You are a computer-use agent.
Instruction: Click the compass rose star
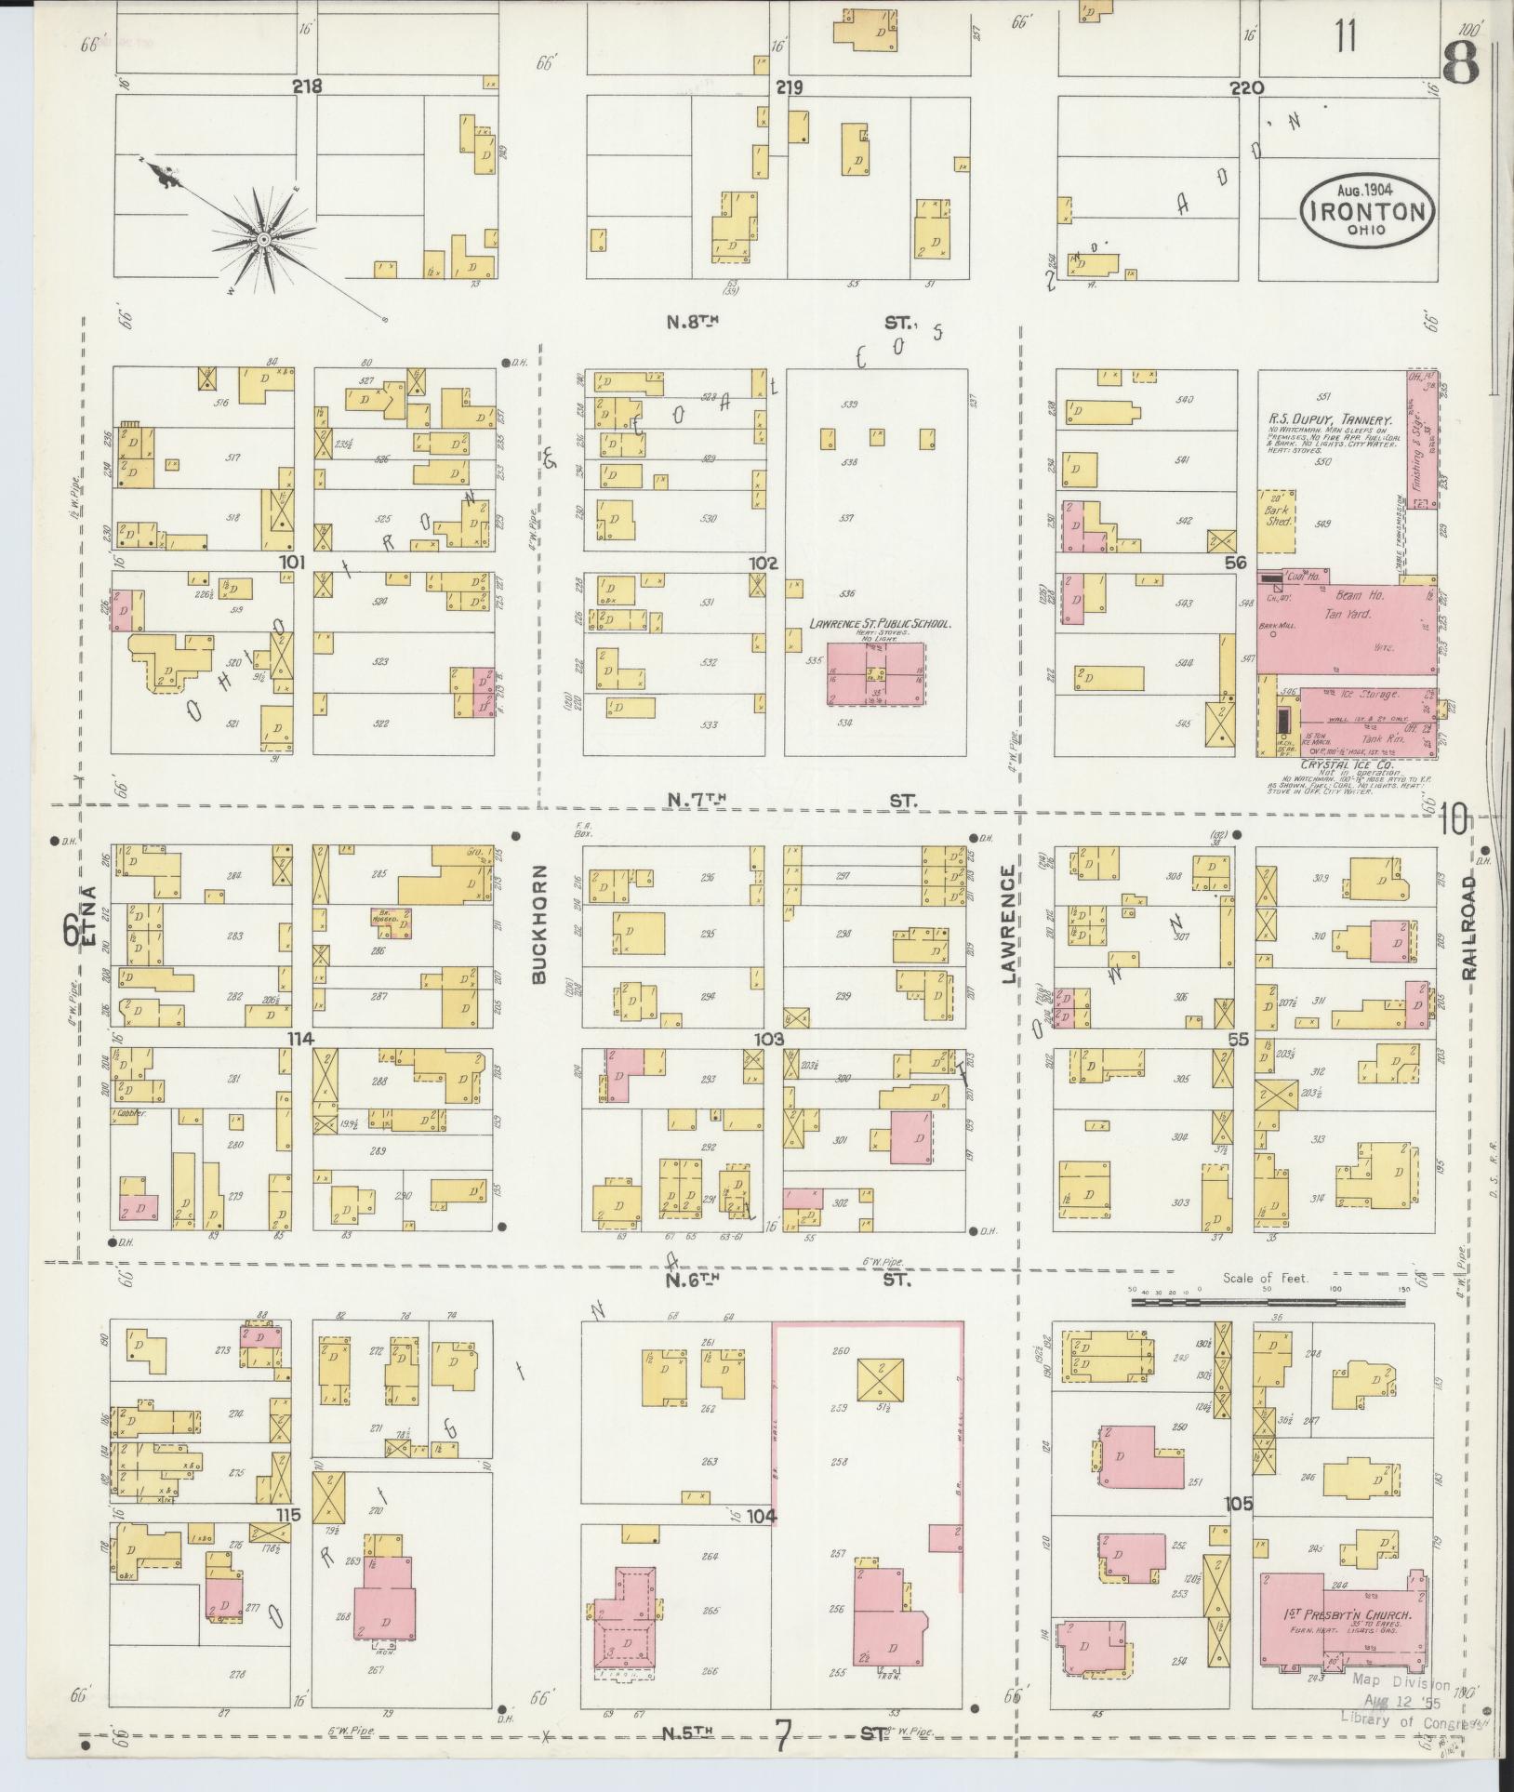[265, 239]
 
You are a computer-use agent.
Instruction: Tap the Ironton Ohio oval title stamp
[1366, 211]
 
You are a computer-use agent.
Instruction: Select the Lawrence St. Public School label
[879, 624]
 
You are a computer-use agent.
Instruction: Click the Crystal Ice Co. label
[1333, 769]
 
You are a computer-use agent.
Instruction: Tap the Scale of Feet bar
[1268, 1303]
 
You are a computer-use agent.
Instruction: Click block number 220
[1245, 88]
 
